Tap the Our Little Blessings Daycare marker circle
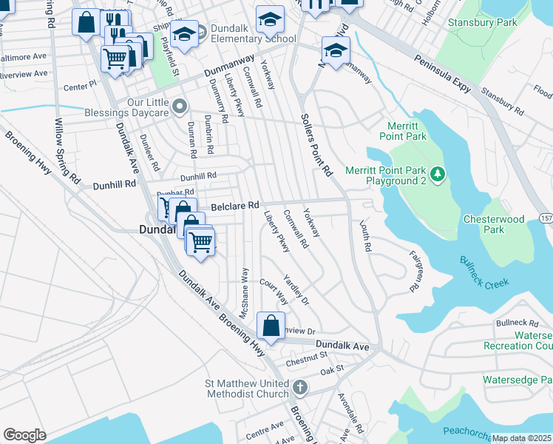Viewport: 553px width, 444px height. click(x=178, y=108)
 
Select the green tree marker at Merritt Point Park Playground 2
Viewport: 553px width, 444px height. click(x=438, y=174)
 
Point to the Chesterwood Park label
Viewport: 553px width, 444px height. click(x=494, y=224)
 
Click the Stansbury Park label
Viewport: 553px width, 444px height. click(x=482, y=23)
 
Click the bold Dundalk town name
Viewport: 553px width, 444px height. click(x=160, y=230)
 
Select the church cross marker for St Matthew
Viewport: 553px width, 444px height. click(x=299, y=387)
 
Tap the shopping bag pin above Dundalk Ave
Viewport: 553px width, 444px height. click(x=271, y=325)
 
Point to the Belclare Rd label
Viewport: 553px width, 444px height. click(x=236, y=206)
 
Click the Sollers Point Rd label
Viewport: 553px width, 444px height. click(x=316, y=144)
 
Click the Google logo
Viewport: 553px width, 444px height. click(x=24, y=435)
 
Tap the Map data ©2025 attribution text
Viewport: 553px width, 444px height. click(x=521, y=438)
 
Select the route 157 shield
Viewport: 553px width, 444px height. click(x=546, y=218)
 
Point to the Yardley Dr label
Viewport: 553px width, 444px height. click(x=296, y=291)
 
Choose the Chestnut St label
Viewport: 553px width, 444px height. click(x=306, y=357)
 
